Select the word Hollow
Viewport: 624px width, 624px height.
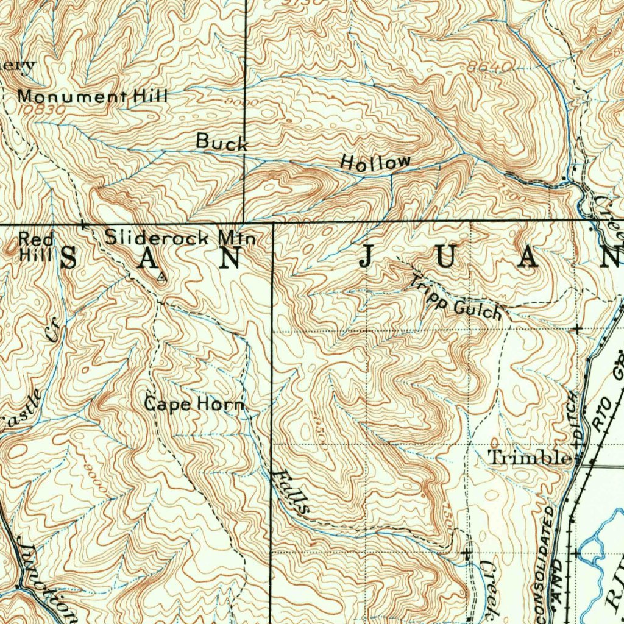point(375,162)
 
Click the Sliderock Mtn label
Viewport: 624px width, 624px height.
point(180,238)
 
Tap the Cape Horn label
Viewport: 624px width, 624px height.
point(194,404)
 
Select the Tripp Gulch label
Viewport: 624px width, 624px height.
point(456,299)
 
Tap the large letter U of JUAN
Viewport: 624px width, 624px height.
point(445,258)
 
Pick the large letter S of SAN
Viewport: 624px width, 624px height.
point(68,259)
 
